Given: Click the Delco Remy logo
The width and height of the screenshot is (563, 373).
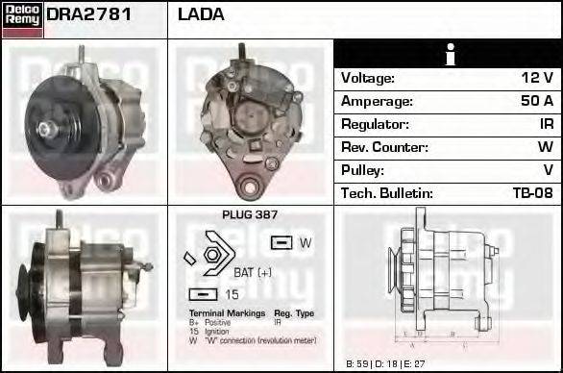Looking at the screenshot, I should [x=21, y=18].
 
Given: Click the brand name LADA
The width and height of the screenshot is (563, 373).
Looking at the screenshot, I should [x=201, y=14].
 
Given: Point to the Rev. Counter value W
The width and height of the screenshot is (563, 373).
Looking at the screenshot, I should [x=545, y=147].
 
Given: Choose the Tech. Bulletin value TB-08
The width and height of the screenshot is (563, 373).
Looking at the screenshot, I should [x=532, y=193].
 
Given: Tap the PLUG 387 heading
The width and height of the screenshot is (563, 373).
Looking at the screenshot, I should [x=250, y=215].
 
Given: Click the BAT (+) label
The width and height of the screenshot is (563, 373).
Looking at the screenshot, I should [x=252, y=272].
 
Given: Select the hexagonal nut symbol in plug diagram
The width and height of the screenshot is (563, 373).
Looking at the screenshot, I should [x=212, y=256].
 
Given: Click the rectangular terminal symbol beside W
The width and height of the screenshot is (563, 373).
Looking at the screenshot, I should [x=281, y=243].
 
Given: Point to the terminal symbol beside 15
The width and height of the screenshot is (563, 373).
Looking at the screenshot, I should [x=204, y=293].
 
